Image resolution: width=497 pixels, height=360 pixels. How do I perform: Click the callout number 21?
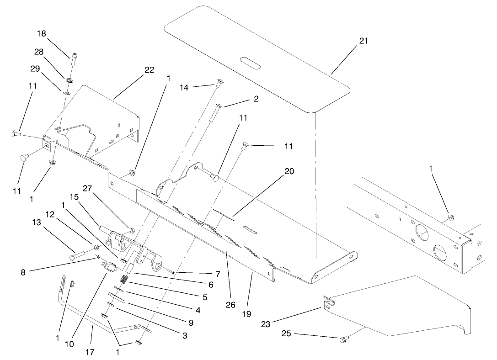pyautogui.click(x=363, y=41)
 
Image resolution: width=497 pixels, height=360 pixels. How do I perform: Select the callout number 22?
pyautogui.click(x=149, y=70)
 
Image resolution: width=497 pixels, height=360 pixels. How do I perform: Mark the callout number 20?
pyautogui.click(x=289, y=171)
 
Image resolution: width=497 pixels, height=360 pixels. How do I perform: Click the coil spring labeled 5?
pyautogui.click(x=123, y=279)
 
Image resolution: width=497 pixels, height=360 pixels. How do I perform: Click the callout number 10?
pyautogui.click(x=69, y=344)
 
